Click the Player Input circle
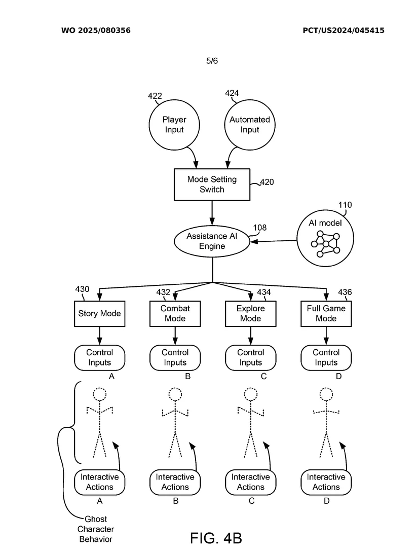pyautogui.click(x=174, y=125)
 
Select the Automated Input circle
pyautogui.click(x=250, y=125)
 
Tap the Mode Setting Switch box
pyautogui.click(x=212, y=184)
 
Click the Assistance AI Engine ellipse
pyautogui.click(x=212, y=241)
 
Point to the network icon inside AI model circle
pyautogui.click(x=326, y=244)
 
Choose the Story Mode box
pyautogui.click(x=99, y=313)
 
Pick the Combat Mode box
pyautogui.click(x=175, y=313)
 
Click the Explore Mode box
pyautogui.click(x=250, y=313)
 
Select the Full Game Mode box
pyautogui.click(x=326, y=313)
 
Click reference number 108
pyautogui.click(x=259, y=228)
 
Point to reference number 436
pyautogui.click(x=345, y=292)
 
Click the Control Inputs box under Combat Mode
pyautogui.click(x=175, y=357)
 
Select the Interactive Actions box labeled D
pyautogui.click(x=326, y=482)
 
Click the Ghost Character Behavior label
pyautogui.click(x=96, y=529)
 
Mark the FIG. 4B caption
pyautogui.click(x=216, y=538)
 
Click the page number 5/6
pyautogui.click(x=212, y=61)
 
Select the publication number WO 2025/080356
pyautogui.click(x=96, y=30)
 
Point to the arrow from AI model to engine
pyautogui.click(x=274, y=241)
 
